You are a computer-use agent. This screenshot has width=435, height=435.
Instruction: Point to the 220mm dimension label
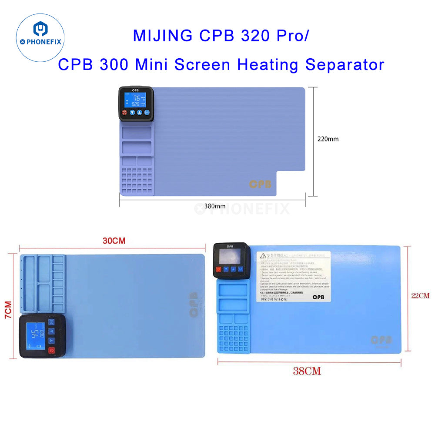[x=328, y=139]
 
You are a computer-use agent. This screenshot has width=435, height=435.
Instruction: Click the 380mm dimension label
[x=215, y=206]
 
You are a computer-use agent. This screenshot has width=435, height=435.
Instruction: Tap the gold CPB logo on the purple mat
[x=260, y=184]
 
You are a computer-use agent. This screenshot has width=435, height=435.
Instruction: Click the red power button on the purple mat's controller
[x=124, y=113]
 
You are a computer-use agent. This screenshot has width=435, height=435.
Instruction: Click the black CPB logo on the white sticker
[x=318, y=297]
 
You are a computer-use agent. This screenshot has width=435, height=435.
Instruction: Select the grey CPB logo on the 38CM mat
[x=381, y=339]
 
